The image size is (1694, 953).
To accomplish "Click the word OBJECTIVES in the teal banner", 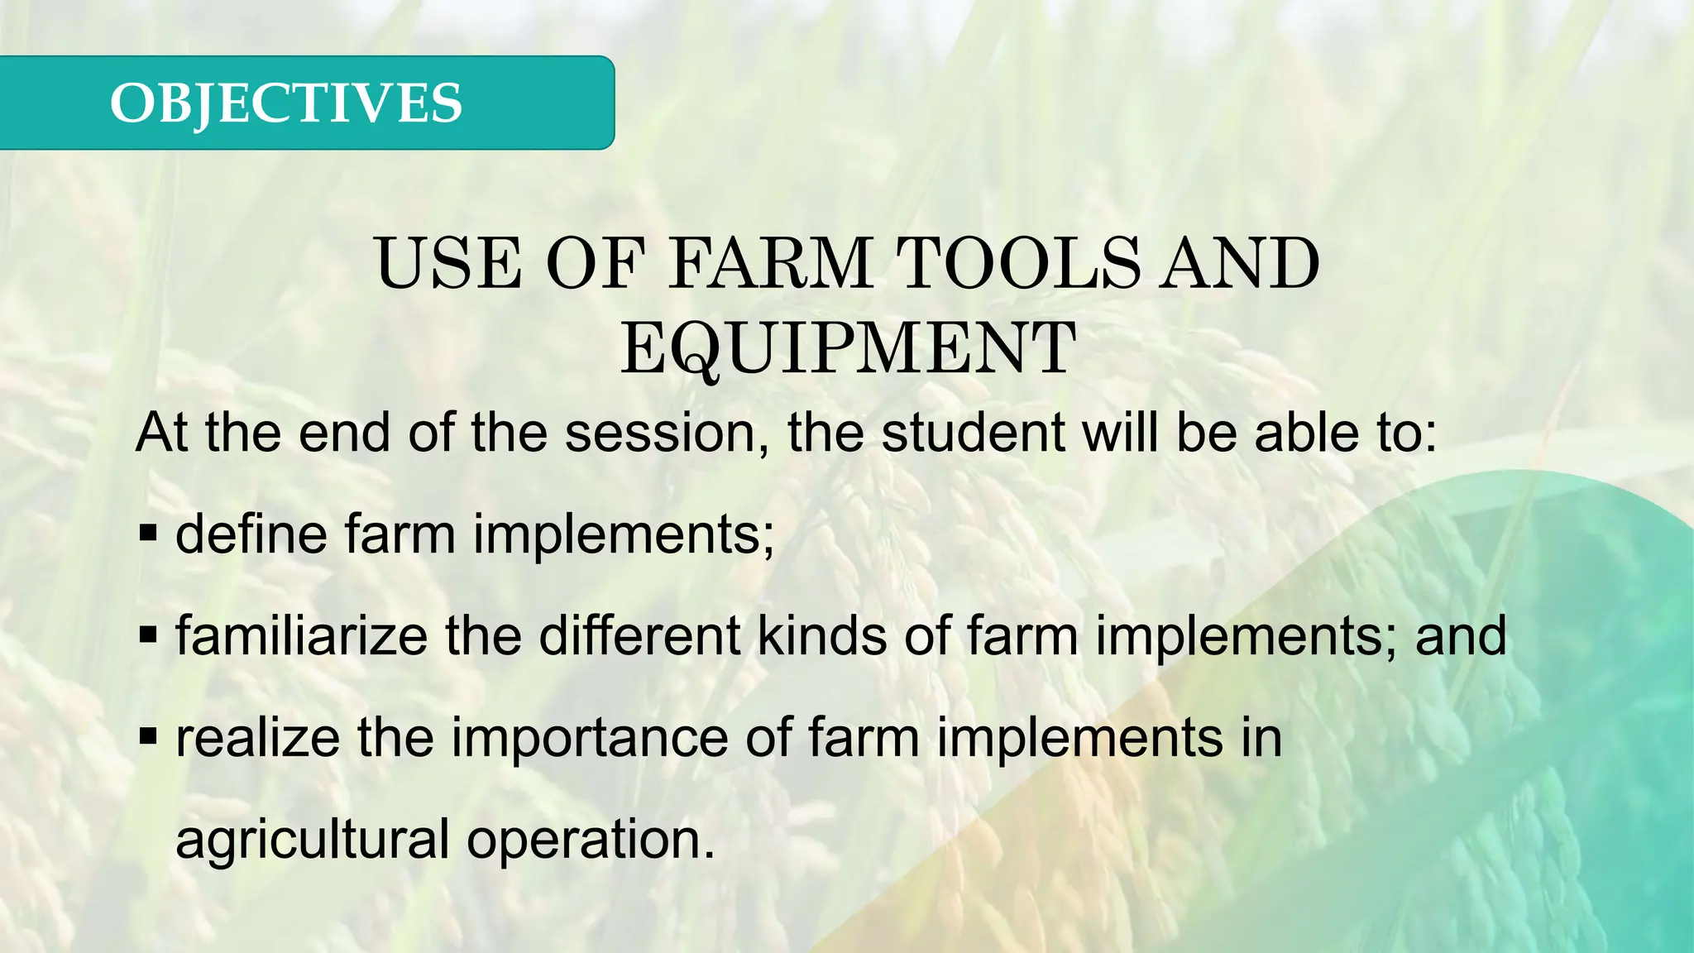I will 285,103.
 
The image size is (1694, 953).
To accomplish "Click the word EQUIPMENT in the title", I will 848,348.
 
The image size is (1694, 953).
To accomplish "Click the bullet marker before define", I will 148,534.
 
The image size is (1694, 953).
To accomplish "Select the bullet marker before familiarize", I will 148,635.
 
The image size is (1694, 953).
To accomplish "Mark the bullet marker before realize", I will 148,737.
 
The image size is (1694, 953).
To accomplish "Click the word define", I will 251,534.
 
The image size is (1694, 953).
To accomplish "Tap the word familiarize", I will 302,635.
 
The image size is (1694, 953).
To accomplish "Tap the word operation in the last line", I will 590,840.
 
